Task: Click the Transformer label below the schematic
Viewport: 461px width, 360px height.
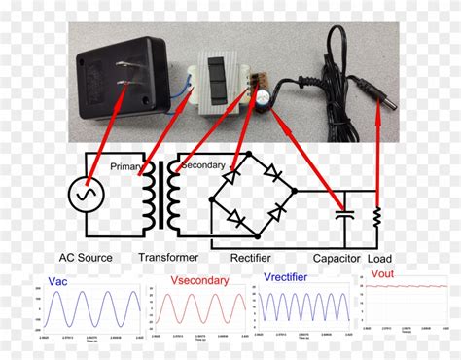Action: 168,258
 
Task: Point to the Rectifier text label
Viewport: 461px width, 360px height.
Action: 251,258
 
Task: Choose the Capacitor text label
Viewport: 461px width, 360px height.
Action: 337,258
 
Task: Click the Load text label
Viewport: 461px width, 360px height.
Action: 380,258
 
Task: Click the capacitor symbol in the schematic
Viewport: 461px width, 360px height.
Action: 340,211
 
